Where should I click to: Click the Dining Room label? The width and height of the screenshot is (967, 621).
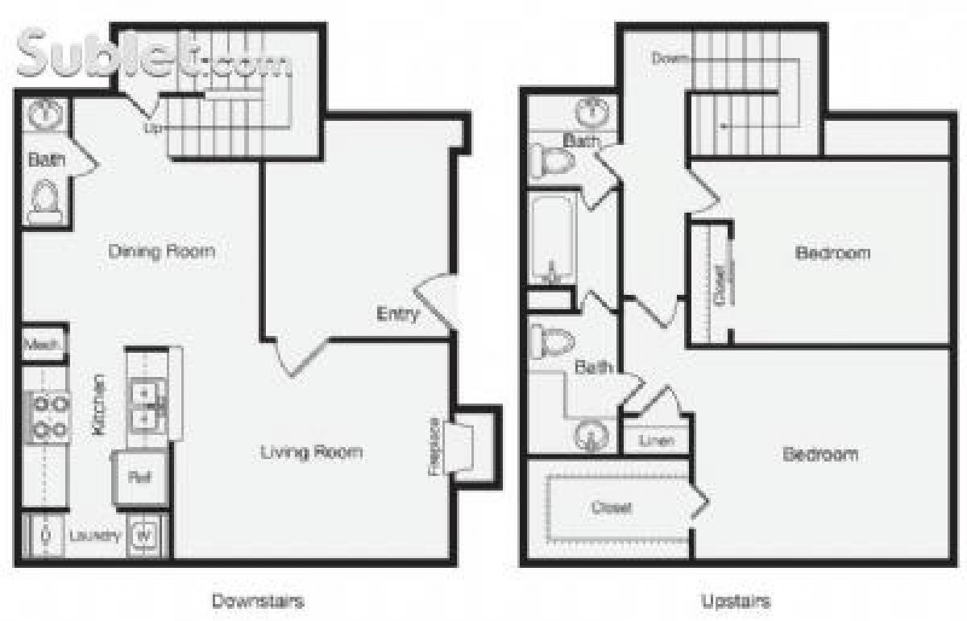coord(162,251)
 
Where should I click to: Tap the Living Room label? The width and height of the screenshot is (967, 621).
coord(311,452)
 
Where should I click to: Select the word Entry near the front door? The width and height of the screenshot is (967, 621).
coord(397,314)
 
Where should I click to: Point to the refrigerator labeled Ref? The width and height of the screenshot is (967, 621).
coord(139,476)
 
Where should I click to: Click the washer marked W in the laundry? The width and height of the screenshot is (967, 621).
coord(143,534)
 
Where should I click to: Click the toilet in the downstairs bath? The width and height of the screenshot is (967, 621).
coord(44,201)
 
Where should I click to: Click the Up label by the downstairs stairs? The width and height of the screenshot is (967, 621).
coord(151,128)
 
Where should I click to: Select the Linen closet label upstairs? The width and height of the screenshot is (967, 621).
coord(656,441)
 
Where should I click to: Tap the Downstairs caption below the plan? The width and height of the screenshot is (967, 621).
coord(258,601)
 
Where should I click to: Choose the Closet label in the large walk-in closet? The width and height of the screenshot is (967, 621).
coord(612,508)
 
